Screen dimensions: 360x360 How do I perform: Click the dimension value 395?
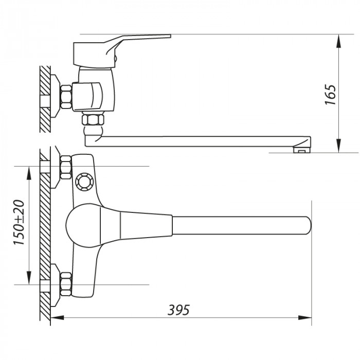pos(179,310)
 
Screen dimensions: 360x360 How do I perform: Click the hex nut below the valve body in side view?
pos(93,121)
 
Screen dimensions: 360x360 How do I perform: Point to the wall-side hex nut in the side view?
pos(66,97)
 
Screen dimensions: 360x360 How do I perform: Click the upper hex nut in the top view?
pos(65,168)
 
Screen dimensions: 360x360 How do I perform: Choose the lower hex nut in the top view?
pos(65,283)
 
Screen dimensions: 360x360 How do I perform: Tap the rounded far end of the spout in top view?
pos(306,225)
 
